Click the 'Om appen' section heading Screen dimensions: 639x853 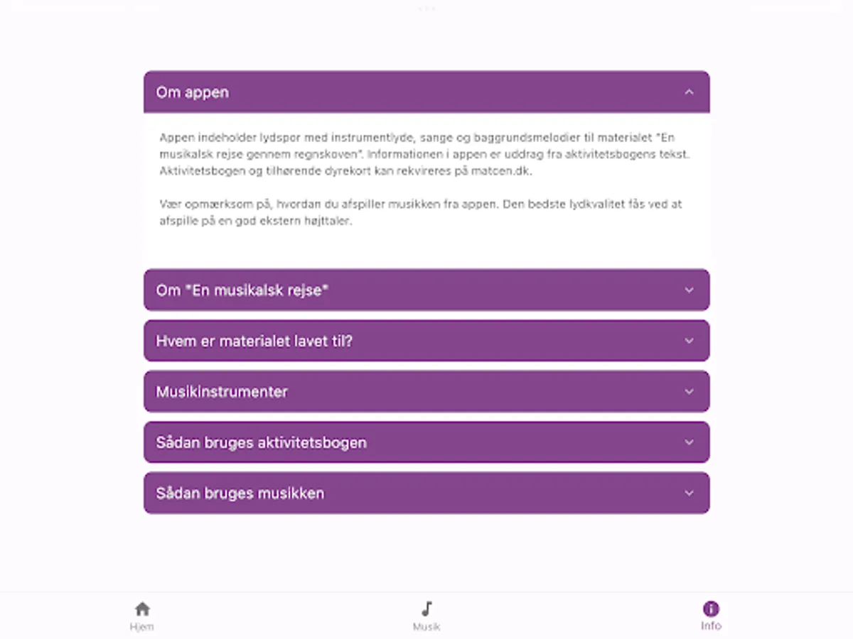click(x=193, y=92)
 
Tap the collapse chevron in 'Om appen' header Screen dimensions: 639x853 click(x=688, y=92)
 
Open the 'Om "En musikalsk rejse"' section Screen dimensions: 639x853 click(x=242, y=290)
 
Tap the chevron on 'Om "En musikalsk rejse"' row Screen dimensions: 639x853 click(x=688, y=290)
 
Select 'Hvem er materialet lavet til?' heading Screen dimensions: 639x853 click(x=254, y=341)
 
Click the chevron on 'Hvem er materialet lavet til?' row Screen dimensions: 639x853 click(x=688, y=341)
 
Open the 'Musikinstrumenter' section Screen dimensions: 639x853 click(x=222, y=392)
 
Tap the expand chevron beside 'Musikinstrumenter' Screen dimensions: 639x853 click(x=688, y=391)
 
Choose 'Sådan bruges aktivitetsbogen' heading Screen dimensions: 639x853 click(x=262, y=442)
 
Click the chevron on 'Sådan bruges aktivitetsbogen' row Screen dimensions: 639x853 click(x=688, y=442)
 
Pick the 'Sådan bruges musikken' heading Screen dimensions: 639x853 click(x=240, y=493)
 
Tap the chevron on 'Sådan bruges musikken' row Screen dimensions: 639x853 click(x=688, y=493)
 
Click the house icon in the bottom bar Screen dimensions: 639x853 click(x=142, y=609)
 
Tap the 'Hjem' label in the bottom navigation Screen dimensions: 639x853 click(x=142, y=627)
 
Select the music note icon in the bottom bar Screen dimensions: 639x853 click(x=426, y=609)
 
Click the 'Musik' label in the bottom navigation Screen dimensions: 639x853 click(x=426, y=627)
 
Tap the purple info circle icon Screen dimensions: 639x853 click(x=711, y=608)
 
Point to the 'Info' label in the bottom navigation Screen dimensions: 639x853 click(x=711, y=626)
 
